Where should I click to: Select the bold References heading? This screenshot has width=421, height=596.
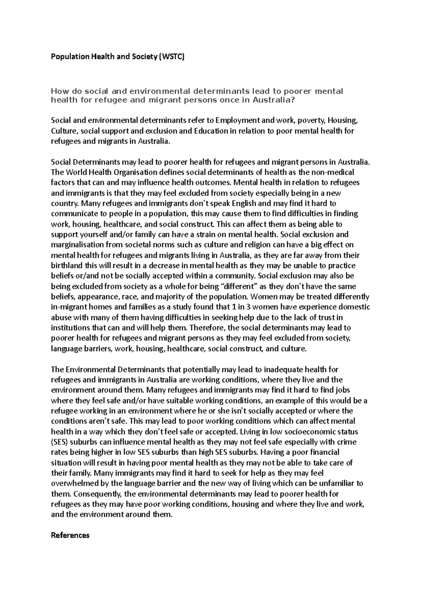click(x=70, y=535)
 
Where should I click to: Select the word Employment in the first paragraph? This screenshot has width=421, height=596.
click(x=236, y=121)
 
